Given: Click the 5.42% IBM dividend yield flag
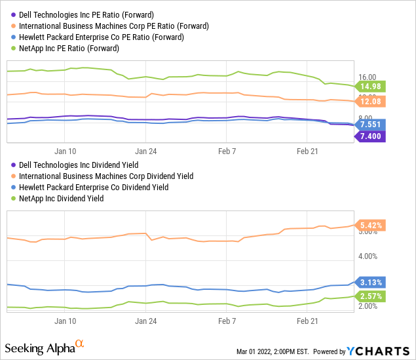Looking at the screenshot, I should coord(371,225).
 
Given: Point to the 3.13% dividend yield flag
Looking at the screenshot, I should coord(371,282).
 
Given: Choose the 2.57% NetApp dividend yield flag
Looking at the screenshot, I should coord(371,296).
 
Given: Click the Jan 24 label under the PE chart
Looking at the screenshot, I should coord(145,149).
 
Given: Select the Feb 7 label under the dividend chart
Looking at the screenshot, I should coord(226,321).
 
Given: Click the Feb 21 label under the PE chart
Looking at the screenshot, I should coord(307,149).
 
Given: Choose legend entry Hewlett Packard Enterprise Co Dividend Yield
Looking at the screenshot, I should coord(102,188).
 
